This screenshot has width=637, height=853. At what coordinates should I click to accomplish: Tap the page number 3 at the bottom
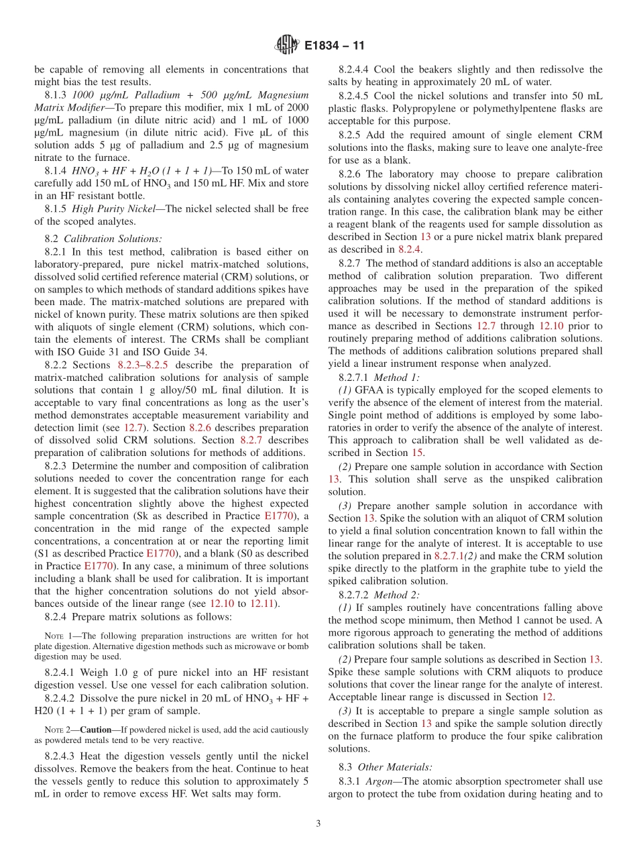click(x=318, y=823)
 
